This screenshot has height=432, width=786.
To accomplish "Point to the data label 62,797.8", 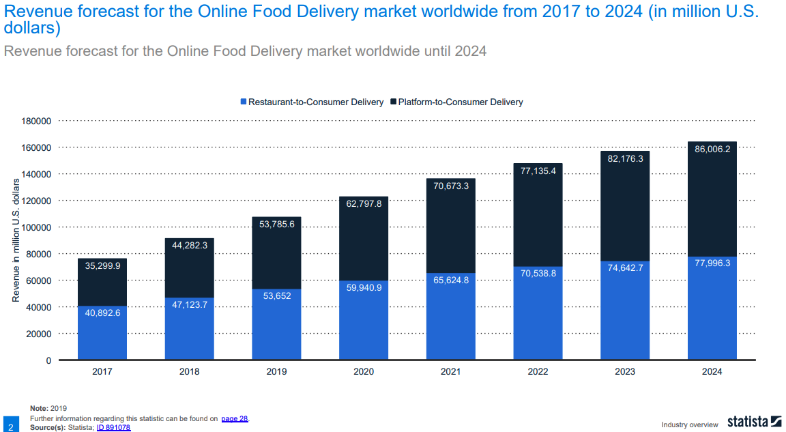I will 364,203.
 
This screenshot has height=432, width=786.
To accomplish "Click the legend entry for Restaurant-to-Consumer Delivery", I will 312,102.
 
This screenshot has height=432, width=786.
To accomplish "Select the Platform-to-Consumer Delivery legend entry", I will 456,102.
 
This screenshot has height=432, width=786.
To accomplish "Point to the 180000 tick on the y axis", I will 38,121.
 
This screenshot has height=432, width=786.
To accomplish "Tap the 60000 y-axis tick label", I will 40,280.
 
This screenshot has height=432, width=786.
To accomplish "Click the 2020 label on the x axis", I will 364,372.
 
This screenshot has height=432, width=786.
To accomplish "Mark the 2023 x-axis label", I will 624,372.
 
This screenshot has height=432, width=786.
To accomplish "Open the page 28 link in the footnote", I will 235,418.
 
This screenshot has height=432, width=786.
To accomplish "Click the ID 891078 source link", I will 113,427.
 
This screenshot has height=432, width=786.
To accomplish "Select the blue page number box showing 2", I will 10,423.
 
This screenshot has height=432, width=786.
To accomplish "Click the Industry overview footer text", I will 690,424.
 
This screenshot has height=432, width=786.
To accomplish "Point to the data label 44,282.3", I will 189,245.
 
